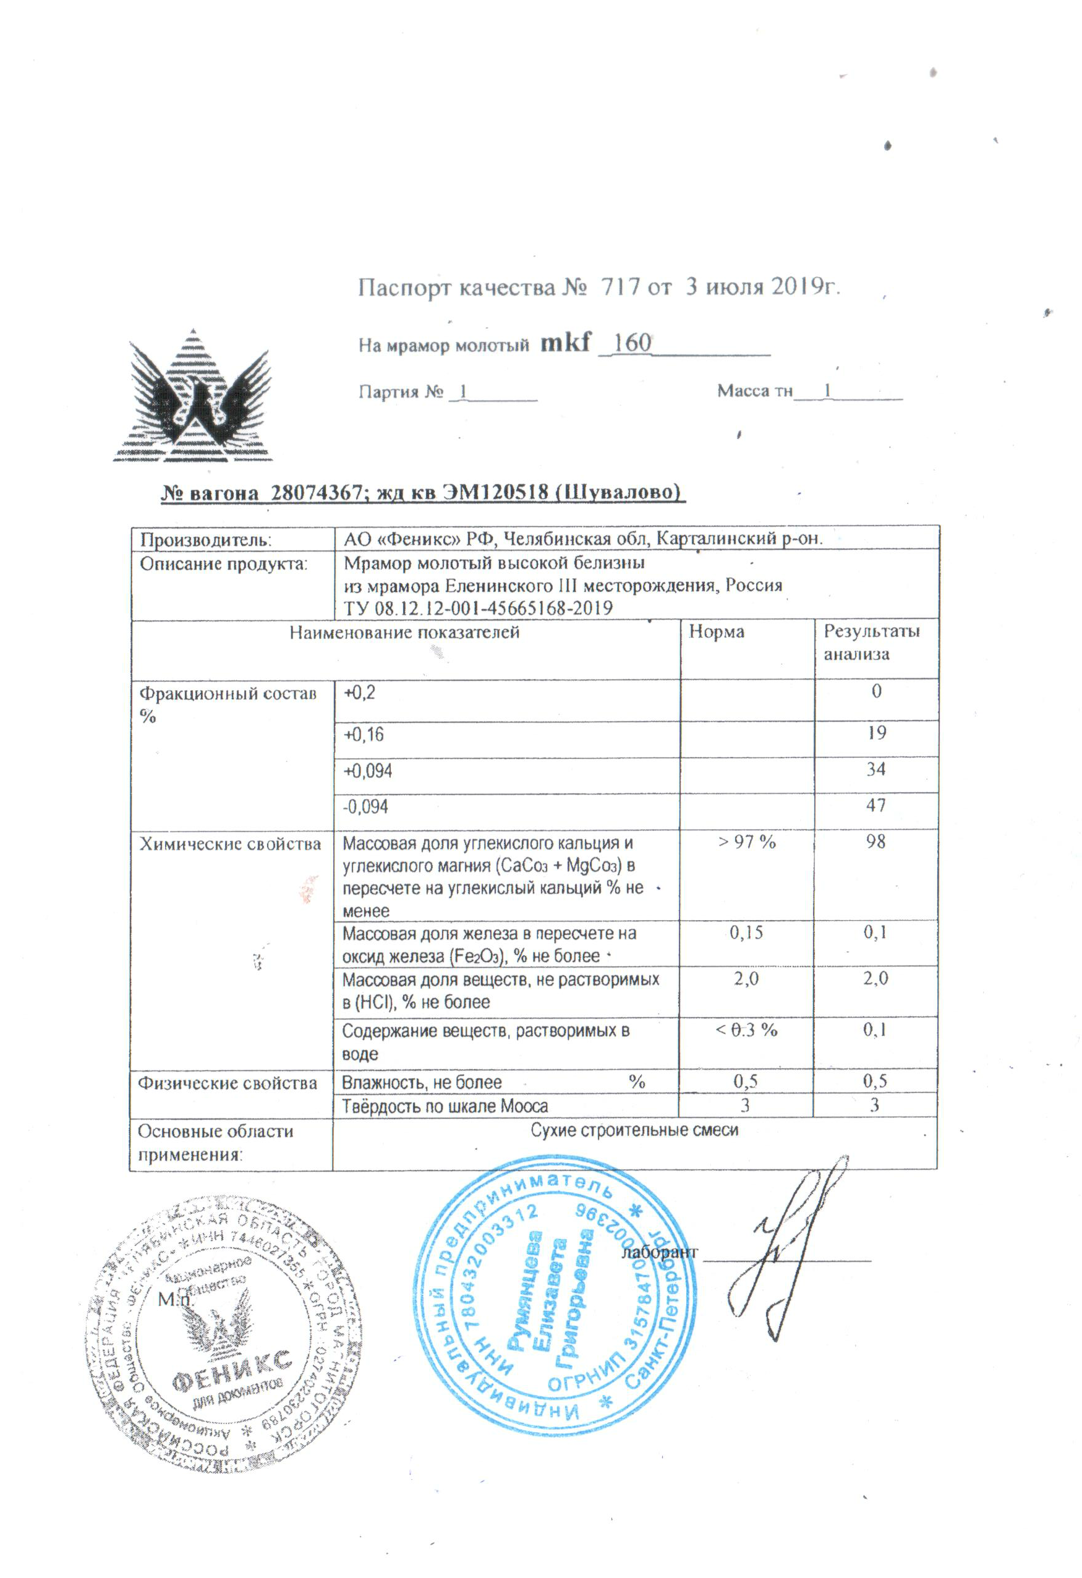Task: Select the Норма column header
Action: tap(716, 632)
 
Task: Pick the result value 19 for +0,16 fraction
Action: tap(875, 733)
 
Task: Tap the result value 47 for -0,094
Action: tap(875, 805)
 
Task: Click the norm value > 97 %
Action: tap(746, 842)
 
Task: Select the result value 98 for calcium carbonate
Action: tap(875, 842)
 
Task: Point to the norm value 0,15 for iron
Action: tap(746, 933)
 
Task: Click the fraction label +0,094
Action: tap(367, 771)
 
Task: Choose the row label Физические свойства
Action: tap(228, 1082)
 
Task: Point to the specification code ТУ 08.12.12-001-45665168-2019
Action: tap(478, 608)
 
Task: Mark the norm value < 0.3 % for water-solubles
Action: tap(746, 1030)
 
